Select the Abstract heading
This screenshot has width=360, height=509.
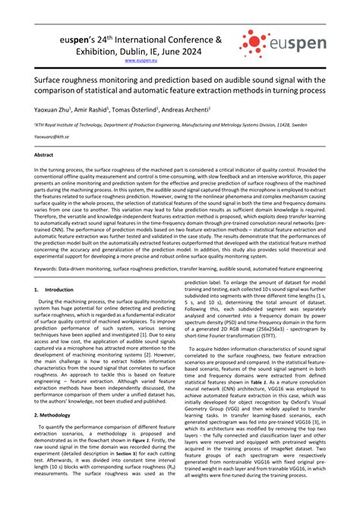coord(44,154)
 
